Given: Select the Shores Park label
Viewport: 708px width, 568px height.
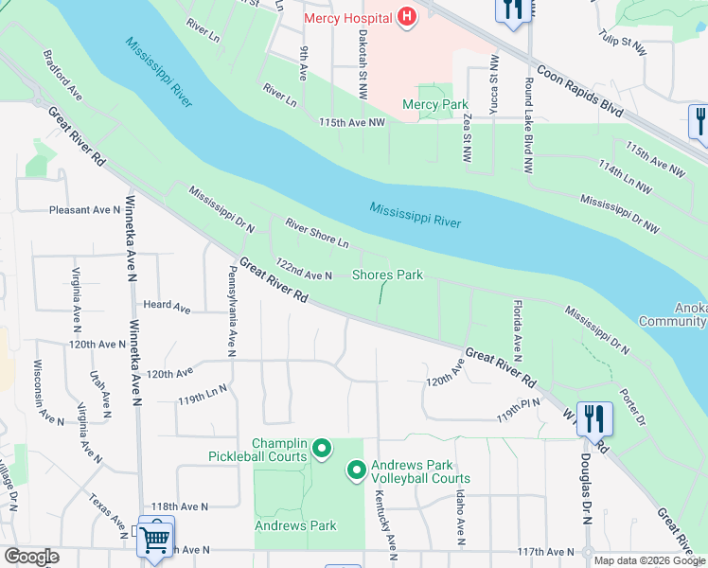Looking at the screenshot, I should [x=387, y=275].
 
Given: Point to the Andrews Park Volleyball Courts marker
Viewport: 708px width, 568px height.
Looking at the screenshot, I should [x=356, y=470].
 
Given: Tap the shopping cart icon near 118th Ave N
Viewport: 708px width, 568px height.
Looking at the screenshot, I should [x=154, y=538].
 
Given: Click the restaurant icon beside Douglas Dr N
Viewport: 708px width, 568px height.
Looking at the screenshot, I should [x=593, y=417].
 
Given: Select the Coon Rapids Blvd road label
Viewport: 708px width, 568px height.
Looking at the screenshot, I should [x=579, y=90].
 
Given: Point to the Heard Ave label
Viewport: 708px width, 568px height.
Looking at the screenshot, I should [x=167, y=307].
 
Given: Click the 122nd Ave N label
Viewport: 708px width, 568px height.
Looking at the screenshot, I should [x=302, y=268].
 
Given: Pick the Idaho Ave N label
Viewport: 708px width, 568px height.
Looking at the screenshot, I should [x=460, y=519].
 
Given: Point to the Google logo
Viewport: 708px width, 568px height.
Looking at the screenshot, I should [x=31, y=557].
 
